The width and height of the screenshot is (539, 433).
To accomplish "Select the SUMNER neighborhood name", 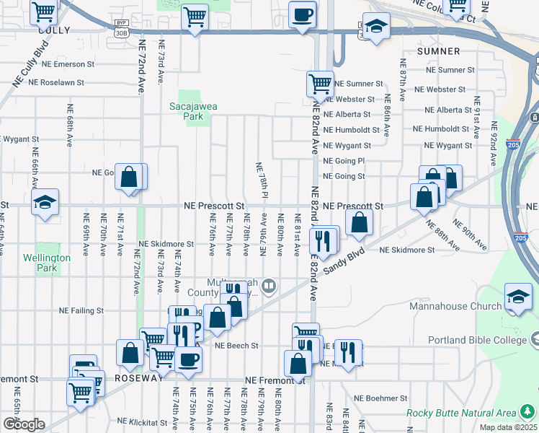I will click(x=438, y=51).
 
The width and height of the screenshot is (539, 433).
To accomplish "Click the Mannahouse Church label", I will click(x=455, y=307).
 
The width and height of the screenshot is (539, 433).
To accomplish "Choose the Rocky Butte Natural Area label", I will click(x=461, y=413).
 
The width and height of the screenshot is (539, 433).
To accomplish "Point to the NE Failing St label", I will click(x=81, y=311).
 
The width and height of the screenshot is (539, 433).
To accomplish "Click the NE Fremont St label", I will click(x=275, y=380).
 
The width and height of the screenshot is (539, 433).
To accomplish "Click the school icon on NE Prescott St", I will click(x=45, y=202).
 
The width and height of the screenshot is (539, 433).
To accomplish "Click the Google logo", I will click(x=24, y=424).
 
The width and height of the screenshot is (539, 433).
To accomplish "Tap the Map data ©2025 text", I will click(x=508, y=427).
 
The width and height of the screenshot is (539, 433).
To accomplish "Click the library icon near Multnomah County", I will click(x=268, y=287).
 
